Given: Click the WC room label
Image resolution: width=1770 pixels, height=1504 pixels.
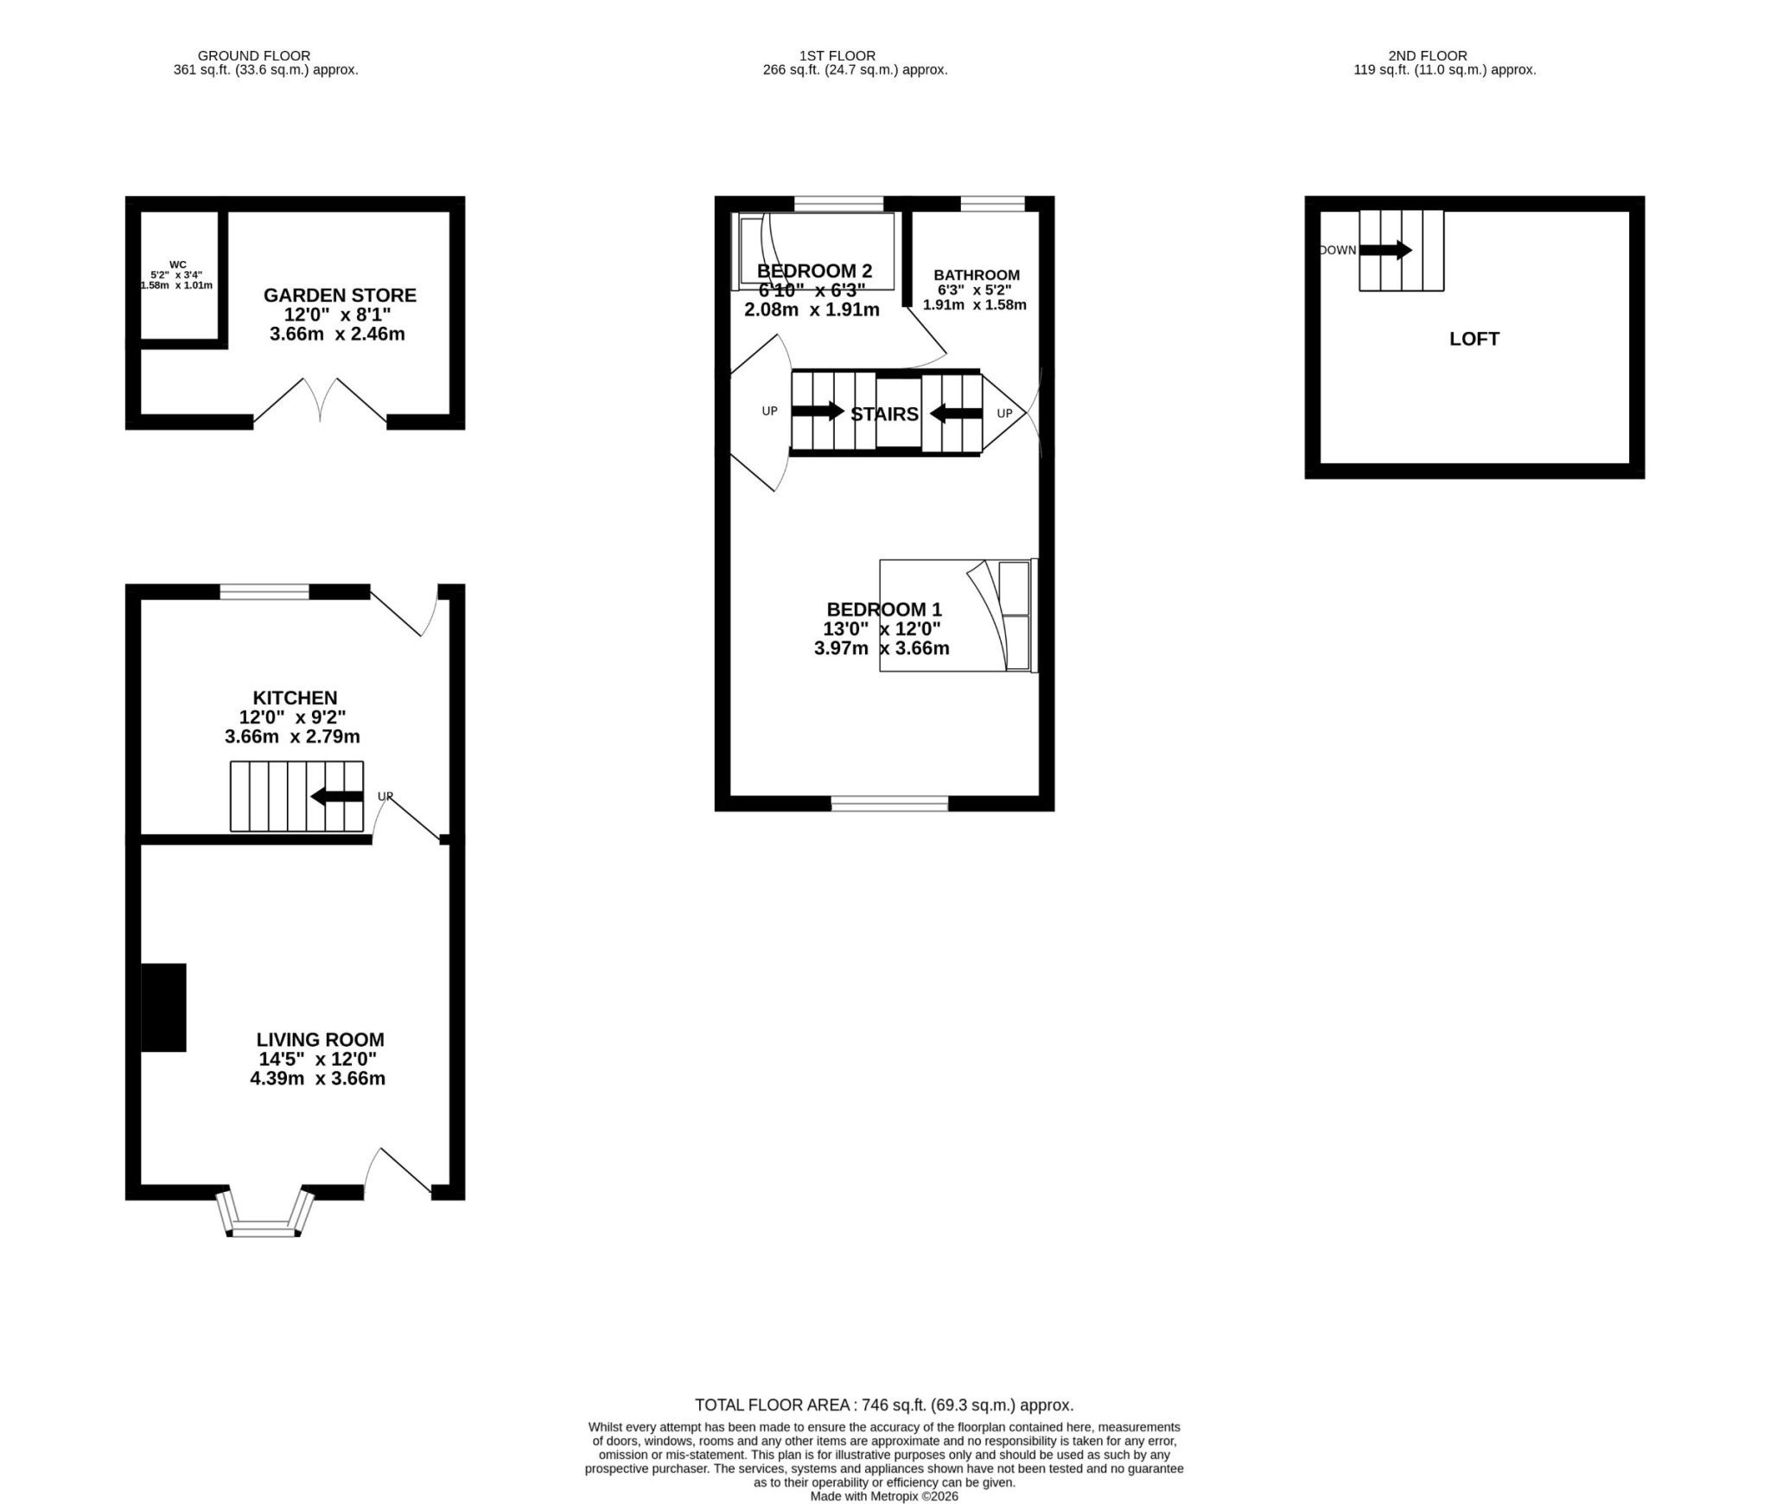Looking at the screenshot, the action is (177, 264).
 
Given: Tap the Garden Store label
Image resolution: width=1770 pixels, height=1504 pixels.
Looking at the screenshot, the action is (340, 296).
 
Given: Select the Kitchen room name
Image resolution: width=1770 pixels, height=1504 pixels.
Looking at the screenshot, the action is (295, 698).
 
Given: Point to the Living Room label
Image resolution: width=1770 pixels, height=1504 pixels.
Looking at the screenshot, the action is (320, 1040).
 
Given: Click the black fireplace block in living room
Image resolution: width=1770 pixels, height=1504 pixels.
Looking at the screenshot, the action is (163, 1007).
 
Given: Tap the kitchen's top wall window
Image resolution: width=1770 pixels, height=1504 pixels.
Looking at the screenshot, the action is (264, 592).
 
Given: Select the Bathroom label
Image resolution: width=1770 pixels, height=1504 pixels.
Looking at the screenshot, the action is (977, 275).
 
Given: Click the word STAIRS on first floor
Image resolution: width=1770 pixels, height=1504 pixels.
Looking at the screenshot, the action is (884, 414).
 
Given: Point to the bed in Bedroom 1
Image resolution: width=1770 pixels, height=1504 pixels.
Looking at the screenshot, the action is (958, 615).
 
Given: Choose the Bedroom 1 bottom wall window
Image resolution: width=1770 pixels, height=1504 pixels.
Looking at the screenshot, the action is (889, 804).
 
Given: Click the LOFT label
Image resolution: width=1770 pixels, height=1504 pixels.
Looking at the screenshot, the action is (1474, 339).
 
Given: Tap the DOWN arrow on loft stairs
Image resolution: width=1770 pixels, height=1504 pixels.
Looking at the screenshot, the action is (1385, 250).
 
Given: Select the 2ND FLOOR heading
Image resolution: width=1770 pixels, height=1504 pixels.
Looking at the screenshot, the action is (1428, 55).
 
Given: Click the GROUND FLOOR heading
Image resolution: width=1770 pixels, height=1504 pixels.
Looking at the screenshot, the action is (254, 55).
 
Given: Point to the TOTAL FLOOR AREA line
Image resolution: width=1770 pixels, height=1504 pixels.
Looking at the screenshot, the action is (884, 1405).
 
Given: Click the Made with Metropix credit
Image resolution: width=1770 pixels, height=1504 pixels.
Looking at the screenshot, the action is (884, 1496).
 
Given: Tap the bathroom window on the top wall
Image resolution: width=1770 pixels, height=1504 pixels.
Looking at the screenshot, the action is (992, 204).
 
